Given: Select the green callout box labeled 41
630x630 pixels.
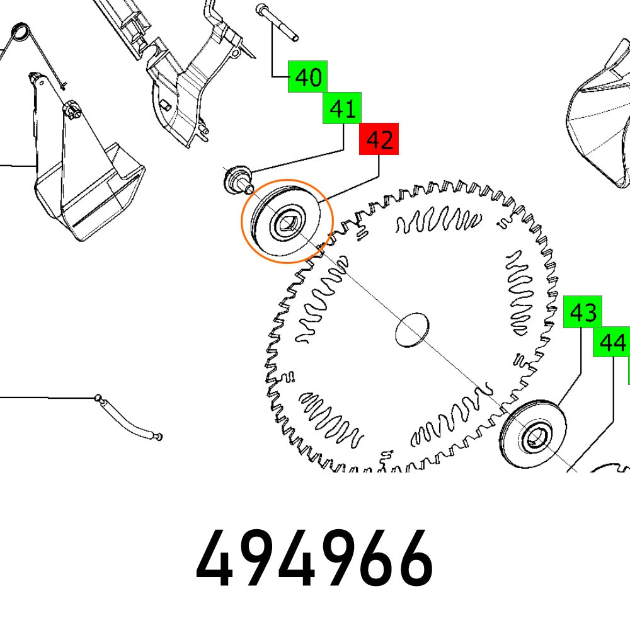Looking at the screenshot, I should pyautogui.click(x=342, y=109).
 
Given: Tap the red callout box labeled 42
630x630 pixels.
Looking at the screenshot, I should pyautogui.click(x=379, y=139).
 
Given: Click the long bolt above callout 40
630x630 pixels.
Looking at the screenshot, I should pyautogui.click(x=278, y=22).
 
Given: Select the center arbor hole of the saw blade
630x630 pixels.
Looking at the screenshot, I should pyautogui.click(x=411, y=329).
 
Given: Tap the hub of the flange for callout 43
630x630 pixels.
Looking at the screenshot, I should pyautogui.click(x=536, y=435).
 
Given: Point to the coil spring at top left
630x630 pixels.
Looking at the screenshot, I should pyautogui.click(x=21, y=31).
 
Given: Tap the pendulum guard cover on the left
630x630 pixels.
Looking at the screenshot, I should pyautogui.click(x=82, y=176).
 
